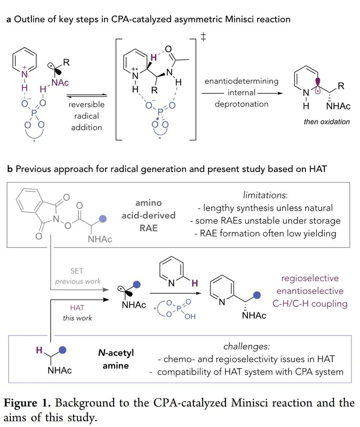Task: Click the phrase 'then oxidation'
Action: tap(327, 121)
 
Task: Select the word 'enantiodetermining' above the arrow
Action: tap(241, 81)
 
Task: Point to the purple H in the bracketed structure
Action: tap(153, 58)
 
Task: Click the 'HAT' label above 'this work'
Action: tap(77, 308)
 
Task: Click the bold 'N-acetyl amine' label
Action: tap(116, 359)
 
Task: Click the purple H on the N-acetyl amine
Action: tap(39, 351)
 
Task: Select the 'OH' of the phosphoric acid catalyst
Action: tap(190, 317)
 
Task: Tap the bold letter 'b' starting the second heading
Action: tap(9, 170)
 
